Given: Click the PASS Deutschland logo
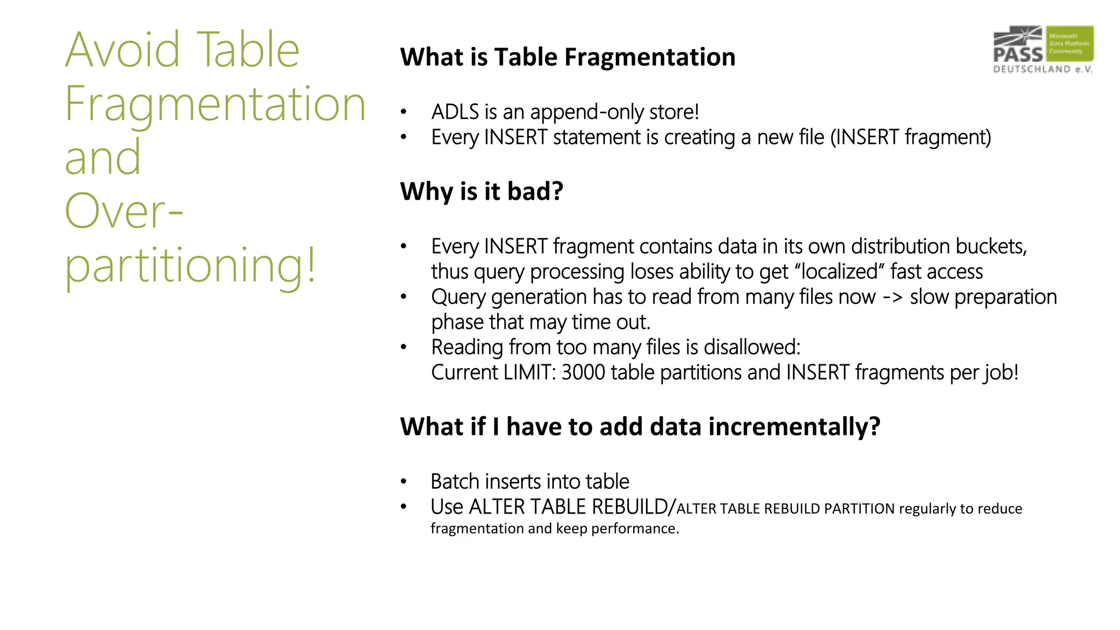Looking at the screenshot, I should click(x=1043, y=49).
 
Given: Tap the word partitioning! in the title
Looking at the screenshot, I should click(x=190, y=266).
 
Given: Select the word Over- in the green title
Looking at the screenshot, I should click(x=124, y=211).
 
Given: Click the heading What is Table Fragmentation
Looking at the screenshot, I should click(x=568, y=57).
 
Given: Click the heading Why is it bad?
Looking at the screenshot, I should click(x=481, y=191).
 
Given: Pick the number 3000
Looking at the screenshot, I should click(x=583, y=372).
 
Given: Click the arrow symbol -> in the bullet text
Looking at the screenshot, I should click(x=892, y=297).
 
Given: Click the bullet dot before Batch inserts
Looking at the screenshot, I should click(x=404, y=482).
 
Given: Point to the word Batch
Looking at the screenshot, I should click(x=455, y=482).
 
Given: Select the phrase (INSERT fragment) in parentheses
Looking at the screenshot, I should click(x=911, y=137).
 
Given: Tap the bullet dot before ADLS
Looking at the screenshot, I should click(x=404, y=112).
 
